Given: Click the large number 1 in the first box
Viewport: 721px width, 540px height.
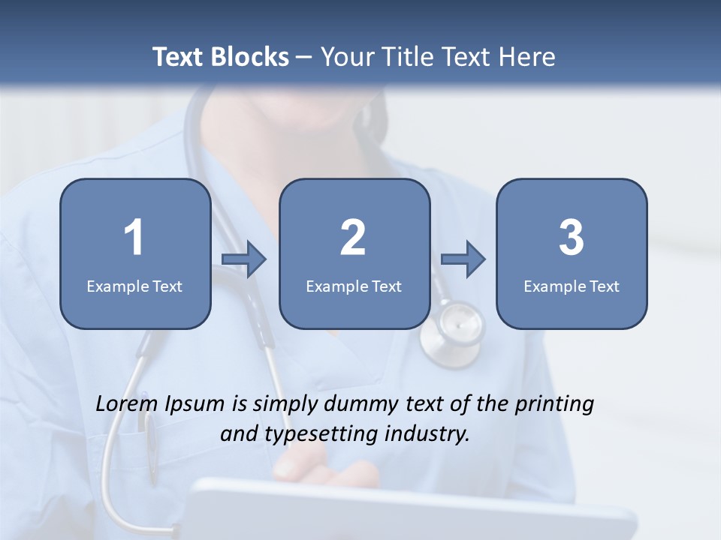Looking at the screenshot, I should click(134, 238).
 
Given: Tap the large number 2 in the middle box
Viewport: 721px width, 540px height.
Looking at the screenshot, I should click(353, 238).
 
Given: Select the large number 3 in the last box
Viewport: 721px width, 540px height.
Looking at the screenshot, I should click(572, 238).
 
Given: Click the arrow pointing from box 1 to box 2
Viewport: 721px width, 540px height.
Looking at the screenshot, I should click(244, 259).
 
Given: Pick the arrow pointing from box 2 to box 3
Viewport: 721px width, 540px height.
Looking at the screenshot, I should click(463, 259).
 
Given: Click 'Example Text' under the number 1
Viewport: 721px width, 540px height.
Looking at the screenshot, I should click(134, 286).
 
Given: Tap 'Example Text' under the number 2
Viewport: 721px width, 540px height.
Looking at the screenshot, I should click(354, 286).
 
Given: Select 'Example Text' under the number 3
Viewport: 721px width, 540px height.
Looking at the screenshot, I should click(572, 286).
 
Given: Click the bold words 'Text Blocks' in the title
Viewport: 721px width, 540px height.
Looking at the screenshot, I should click(221, 57).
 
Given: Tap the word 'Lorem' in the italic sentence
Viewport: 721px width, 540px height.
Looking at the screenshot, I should click(127, 403).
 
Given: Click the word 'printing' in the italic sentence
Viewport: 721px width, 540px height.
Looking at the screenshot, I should click(554, 405).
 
